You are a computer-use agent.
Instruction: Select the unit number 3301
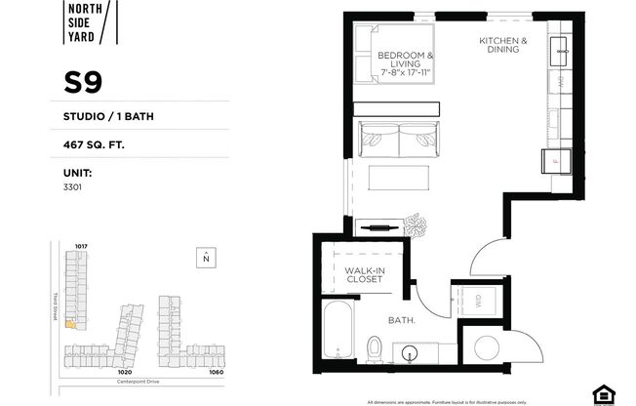click(x=71, y=185)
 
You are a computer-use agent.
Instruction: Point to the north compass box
click(x=206, y=258)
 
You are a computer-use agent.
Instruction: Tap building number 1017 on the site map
click(x=81, y=245)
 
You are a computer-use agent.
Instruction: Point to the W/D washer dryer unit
click(x=479, y=303)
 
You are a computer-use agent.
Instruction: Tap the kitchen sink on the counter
click(x=564, y=49)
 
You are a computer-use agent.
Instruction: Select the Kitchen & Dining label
click(x=503, y=47)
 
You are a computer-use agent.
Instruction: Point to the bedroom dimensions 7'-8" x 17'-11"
click(x=406, y=68)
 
